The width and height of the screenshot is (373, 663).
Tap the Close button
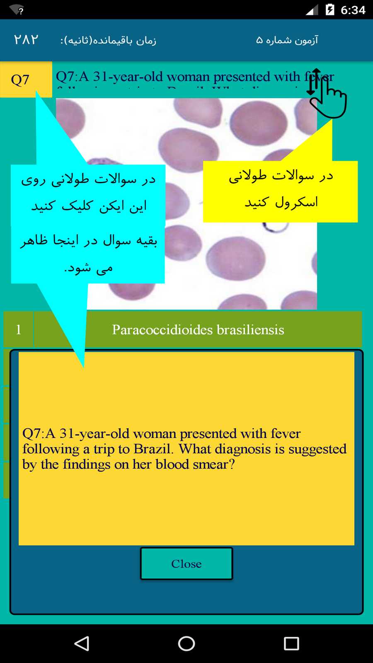click(186, 564)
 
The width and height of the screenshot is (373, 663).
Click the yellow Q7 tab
click(21, 80)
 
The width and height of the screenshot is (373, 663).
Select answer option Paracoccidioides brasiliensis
click(198, 330)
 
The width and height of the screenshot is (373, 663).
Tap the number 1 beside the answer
click(18, 330)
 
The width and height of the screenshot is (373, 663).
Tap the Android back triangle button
click(82, 644)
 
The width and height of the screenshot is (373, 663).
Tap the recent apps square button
click(291, 644)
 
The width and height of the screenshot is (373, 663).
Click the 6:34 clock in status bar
click(353, 10)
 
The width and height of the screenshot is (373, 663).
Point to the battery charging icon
click(330, 10)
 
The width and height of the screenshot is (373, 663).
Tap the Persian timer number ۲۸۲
click(26, 40)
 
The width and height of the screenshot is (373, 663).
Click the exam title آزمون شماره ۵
click(287, 40)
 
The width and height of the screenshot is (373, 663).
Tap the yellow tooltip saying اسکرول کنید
click(281, 202)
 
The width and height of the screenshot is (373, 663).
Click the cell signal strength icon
click(312, 10)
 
